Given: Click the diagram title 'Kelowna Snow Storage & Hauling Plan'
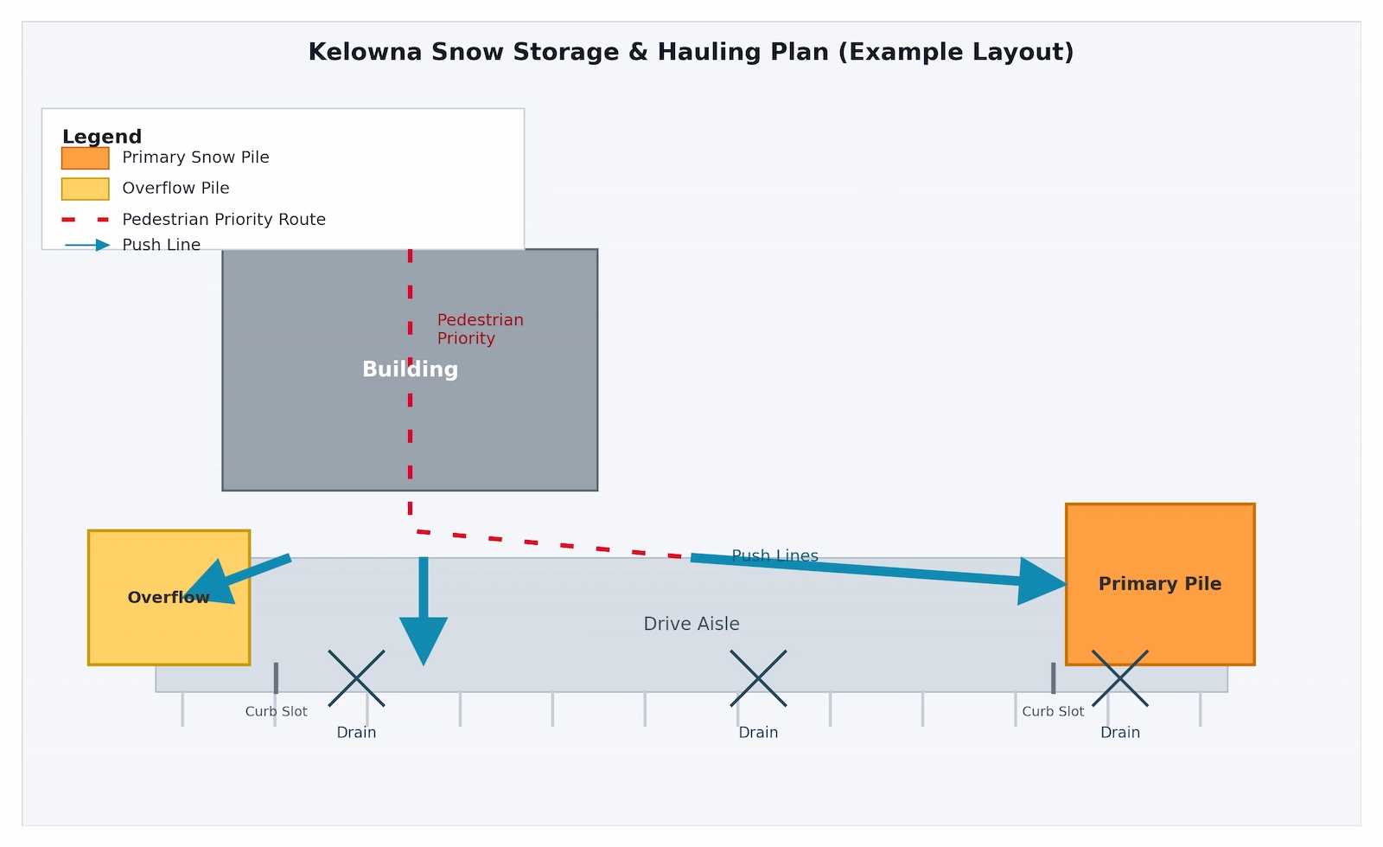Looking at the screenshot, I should (x=691, y=52).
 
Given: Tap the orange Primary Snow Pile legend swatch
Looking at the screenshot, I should (x=85, y=158).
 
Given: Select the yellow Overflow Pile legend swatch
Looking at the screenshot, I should (x=85, y=189).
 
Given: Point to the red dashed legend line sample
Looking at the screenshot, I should (x=85, y=220).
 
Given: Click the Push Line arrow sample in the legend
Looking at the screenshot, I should (x=87, y=245).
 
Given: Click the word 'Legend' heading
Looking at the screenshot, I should (x=102, y=137).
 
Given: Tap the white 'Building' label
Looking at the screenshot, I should (x=410, y=369).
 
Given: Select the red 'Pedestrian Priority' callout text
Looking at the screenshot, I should (x=480, y=330).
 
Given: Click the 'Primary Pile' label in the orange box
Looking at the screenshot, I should (x=1159, y=584).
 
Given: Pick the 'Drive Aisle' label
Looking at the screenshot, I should (x=691, y=624).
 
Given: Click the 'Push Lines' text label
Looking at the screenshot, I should (x=774, y=555).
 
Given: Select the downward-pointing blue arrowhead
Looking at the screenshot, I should (x=424, y=638).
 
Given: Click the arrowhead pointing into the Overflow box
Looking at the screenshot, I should (x=211, y=584).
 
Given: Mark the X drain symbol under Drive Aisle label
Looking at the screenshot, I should (x=758, y=678).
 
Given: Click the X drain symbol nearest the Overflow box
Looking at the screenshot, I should (x=356, y=678).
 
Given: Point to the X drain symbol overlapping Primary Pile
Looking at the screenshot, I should (x=1120, y=678).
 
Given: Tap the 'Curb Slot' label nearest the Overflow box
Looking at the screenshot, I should (x=276, y=711).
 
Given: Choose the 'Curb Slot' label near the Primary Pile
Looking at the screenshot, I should (x=1053, y=711).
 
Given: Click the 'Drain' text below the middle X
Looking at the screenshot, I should (x=758, y=733).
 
